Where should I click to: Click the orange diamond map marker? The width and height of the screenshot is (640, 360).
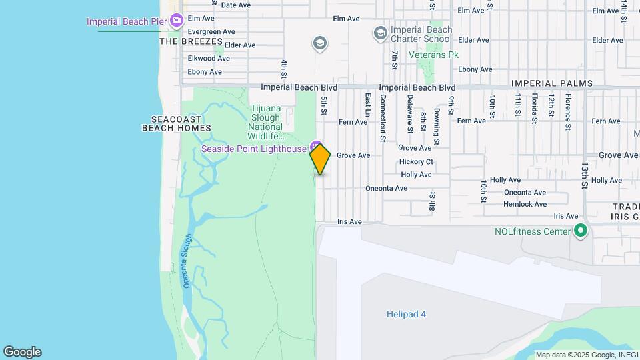320,159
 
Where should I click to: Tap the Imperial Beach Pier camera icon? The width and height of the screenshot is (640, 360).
177,21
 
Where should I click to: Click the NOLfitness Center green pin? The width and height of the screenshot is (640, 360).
581,231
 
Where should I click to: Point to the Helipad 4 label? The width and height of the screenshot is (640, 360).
405,314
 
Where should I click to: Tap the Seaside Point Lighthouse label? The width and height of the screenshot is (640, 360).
253,149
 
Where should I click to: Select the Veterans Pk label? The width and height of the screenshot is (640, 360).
434,55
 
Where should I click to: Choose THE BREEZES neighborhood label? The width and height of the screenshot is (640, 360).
191,41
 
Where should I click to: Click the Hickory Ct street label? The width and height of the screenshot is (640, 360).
416,161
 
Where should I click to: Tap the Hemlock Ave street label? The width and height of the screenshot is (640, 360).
525,204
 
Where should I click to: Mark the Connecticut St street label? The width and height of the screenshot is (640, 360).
383,117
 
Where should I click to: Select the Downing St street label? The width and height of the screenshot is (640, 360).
437,126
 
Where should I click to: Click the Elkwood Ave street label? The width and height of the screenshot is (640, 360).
209,59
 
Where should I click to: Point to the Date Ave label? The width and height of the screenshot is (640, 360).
235,5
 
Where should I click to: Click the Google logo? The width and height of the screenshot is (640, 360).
22,352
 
